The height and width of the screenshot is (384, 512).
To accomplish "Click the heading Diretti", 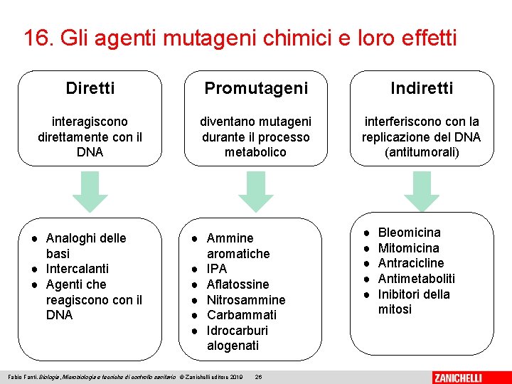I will [x=90, y=88].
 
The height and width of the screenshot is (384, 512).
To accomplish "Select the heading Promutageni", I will [x=256, y=88].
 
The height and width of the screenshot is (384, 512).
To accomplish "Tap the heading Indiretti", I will [x=422, y=88].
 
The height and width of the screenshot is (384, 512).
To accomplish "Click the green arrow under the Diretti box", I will [x=90, y=192].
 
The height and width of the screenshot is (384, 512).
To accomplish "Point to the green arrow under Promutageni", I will [x=256, y=192].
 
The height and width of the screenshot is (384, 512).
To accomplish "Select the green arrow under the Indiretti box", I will [x=422, y=192].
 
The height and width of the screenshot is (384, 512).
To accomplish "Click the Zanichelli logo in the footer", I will [x=467, y=377].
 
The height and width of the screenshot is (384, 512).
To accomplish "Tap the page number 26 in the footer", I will [x=259, y=376].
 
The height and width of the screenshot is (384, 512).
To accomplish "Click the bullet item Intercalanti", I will [x=78, y=269].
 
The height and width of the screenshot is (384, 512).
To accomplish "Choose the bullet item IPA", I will [x=217, y=269].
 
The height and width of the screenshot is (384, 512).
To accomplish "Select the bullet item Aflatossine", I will [x=238, y=284].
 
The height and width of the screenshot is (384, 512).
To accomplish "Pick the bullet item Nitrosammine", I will [x=245, y=300].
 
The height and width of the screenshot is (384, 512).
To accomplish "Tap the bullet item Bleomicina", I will [x=409, y=233].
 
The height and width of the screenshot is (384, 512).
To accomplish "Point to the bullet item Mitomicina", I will [x=408, y=248].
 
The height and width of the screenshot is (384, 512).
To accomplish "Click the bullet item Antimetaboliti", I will [x=416, y=279].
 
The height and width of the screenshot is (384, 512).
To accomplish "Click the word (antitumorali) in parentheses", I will [x=422, y=152].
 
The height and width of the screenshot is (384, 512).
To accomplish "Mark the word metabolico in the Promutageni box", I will [x=255, y=152].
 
